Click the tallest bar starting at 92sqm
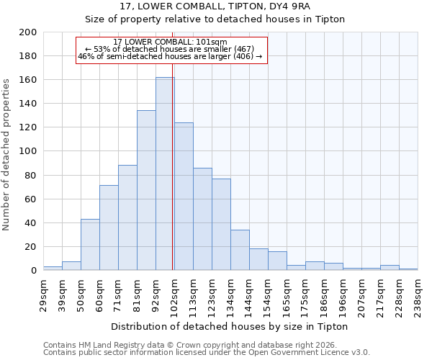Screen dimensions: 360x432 165,174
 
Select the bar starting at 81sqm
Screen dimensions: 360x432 146,190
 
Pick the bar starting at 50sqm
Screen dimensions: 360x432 90,245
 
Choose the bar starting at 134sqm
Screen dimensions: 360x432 240,250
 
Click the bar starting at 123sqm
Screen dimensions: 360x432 221,224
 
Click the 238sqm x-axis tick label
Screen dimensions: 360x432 418,293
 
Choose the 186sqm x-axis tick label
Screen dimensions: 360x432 325,293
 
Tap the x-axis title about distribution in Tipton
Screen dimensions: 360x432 230,326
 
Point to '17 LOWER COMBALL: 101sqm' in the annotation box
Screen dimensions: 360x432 170,42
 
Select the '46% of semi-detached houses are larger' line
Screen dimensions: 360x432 170,56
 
